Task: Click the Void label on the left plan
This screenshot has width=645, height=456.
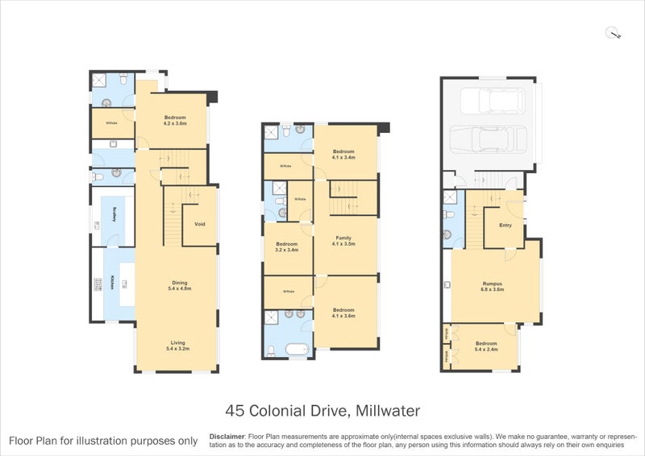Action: click(199, 224)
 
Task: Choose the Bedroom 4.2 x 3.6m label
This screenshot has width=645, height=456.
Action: click(175, 121)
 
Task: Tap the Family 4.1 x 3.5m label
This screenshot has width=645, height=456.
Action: click(344, 240)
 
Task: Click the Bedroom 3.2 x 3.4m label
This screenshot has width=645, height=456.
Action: click(286, 247)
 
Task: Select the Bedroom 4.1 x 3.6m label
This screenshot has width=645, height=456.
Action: click(344, 313)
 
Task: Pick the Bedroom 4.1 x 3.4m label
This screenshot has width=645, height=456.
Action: click(344, 154)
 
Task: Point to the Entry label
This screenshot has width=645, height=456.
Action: click(506, 225)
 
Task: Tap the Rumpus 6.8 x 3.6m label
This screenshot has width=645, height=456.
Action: click(493, 286)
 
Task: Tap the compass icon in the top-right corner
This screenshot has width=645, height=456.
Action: click(614, 33)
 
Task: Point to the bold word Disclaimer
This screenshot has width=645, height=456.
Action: click(227, 434)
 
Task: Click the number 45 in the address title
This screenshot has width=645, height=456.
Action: click(236, 410)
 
